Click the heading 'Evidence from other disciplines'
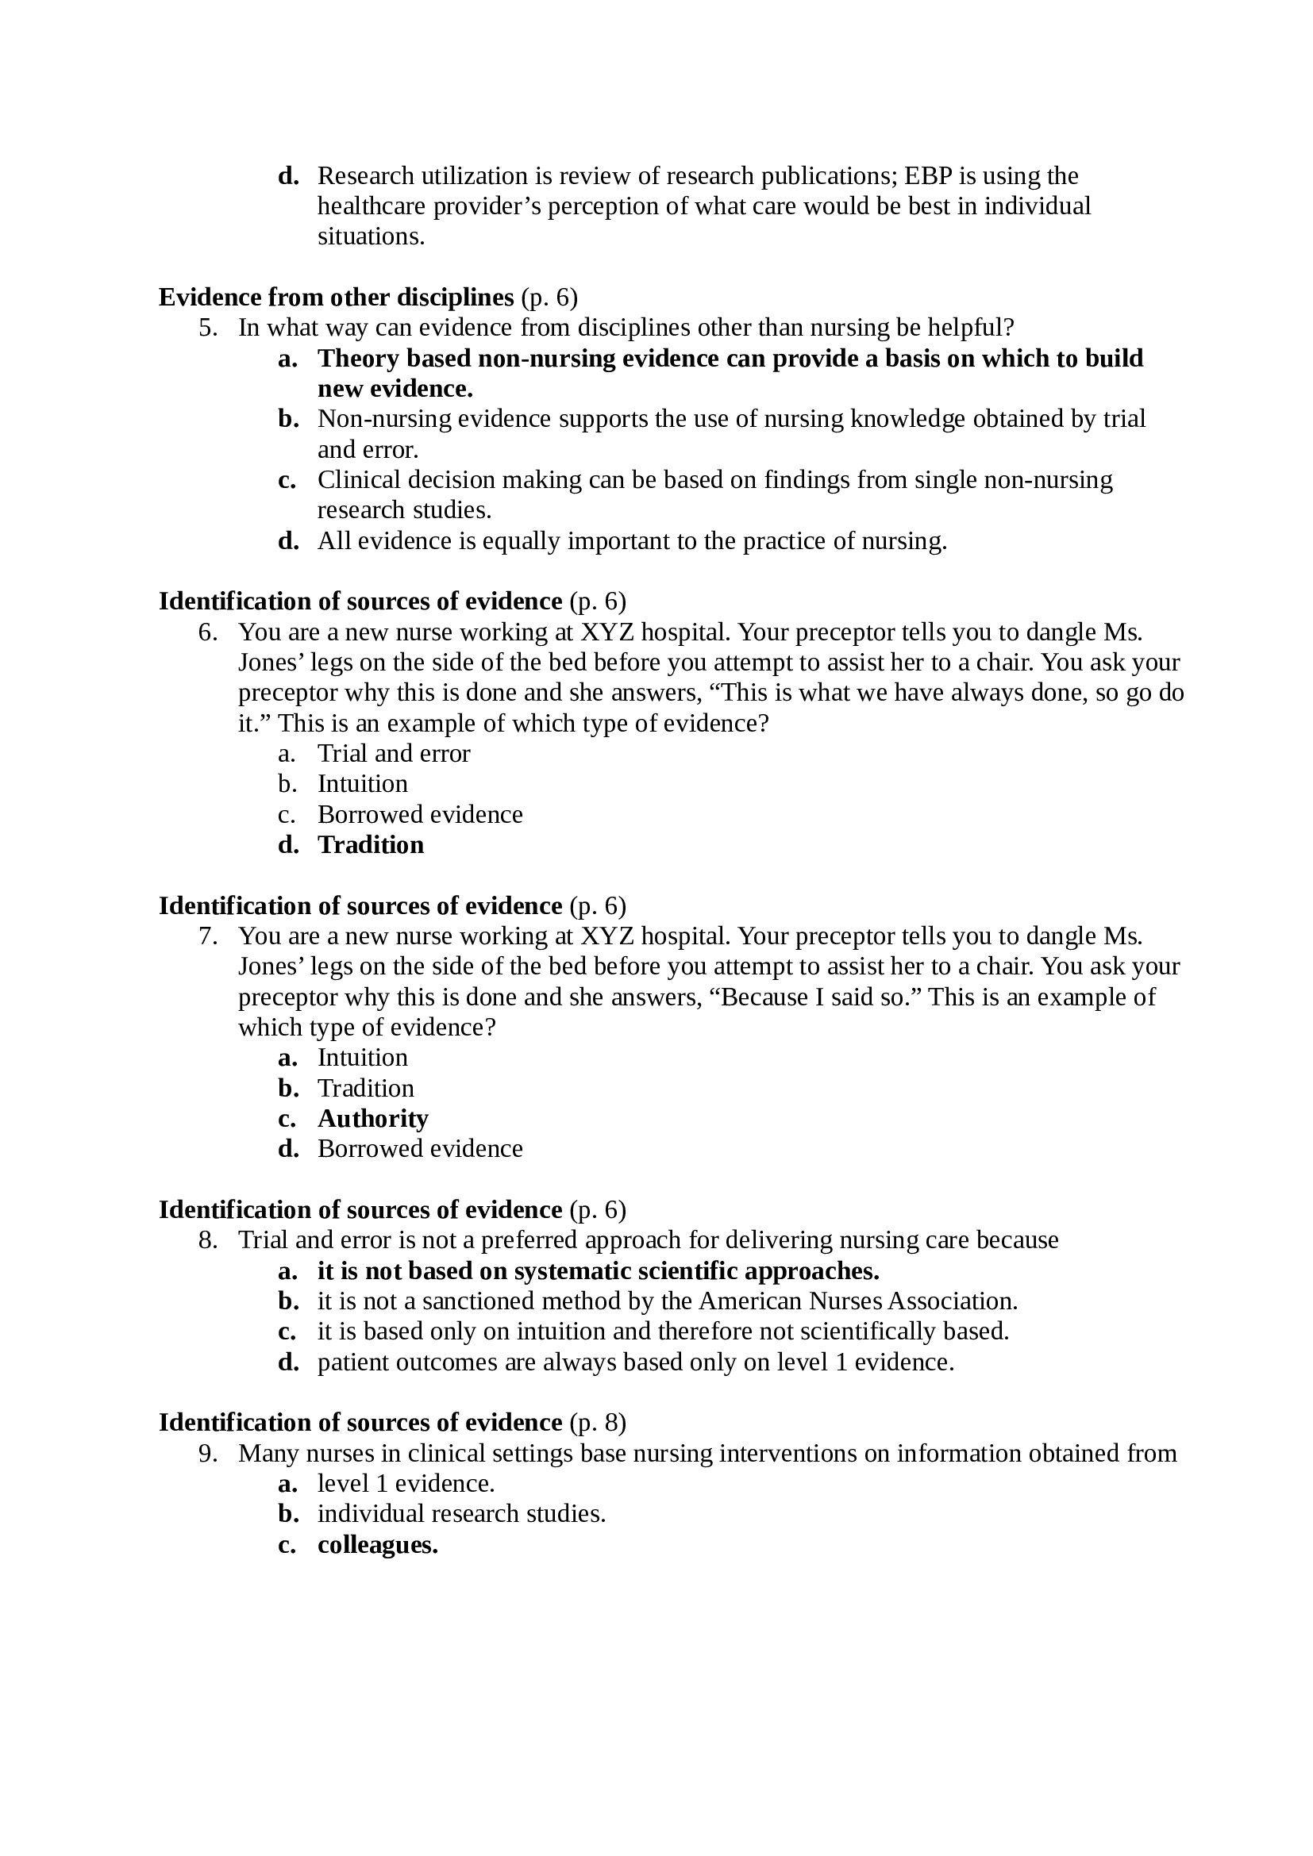pos(336,298)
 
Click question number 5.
pos(209,329)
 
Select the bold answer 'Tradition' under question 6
pos(370,845)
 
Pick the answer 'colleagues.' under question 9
pos(378,1545)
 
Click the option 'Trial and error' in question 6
pos(393,753)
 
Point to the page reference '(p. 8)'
pos(598,1422)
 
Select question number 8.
pos(209,1240)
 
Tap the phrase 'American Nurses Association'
pos(857,1301)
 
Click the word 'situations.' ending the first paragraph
pos(370,236)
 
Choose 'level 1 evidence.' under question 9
pos(406,1483)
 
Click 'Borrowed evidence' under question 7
pos(420,1149)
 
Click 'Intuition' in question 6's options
pos(362,784)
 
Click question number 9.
pos(209,1454)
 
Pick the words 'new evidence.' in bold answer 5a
pos(395,389)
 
